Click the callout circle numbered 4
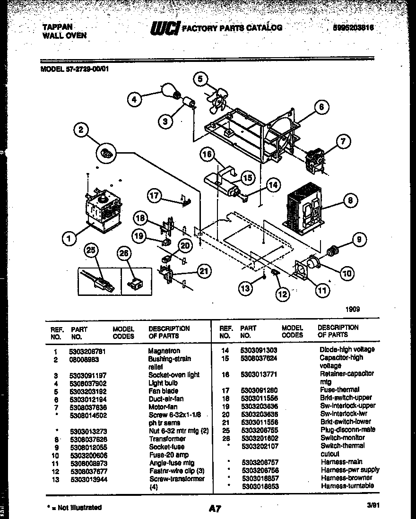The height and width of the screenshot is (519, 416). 135,99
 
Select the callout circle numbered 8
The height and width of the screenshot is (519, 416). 350,201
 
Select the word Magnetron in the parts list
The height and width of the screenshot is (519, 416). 164,351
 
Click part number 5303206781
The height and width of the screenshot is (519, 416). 89,351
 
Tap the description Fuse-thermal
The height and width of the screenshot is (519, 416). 339,390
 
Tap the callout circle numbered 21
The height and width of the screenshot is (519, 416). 204,271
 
